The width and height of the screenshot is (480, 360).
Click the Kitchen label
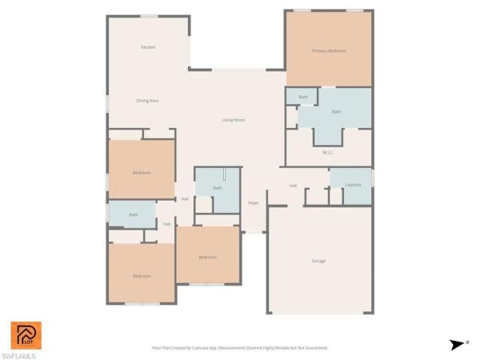[148, 47]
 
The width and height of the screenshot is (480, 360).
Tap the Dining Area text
[147, 101]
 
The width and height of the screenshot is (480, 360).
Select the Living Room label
[234, 120]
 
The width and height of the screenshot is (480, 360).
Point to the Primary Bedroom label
[329, 51]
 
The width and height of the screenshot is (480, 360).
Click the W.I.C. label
[328, 152]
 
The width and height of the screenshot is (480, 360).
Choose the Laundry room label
[353, 185]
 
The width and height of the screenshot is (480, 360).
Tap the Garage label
[318, 261]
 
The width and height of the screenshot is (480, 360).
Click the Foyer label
[253, 203]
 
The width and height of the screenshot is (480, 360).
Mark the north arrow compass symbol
[456, 345]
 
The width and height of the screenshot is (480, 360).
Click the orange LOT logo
[26, 335]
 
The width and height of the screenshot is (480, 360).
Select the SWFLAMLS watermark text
[18, 355]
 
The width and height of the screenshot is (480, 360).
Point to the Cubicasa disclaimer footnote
[240, 348]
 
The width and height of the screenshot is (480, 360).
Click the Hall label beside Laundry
[294, 186]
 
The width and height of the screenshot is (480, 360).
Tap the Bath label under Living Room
[218, 188]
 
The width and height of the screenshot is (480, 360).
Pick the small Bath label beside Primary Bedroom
[303, 98]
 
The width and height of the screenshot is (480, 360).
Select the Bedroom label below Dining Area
[142, 172]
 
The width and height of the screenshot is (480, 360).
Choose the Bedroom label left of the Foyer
[208, 257]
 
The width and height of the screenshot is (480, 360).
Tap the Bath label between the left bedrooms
[134, 214]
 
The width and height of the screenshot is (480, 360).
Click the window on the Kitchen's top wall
[149, 16]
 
